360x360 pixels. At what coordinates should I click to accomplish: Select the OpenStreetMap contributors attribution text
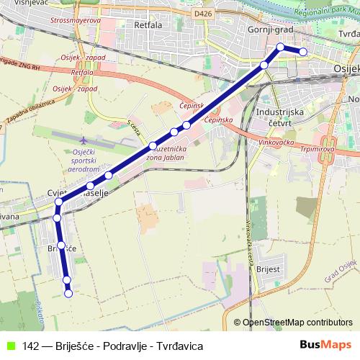(x=297, y=323)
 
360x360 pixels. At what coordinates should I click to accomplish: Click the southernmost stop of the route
(x=69, y=293)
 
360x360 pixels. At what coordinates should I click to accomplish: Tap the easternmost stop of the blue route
(x=303, y=51)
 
